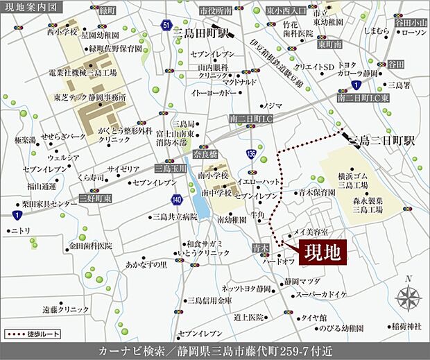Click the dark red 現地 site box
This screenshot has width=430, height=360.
(322, 252)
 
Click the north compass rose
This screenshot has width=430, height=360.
(408, 297)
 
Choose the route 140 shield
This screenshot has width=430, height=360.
(177, 200)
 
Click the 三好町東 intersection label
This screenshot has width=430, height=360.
(93, 197)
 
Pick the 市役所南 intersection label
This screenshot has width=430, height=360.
(214, 11)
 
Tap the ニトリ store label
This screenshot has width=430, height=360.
(21, 231)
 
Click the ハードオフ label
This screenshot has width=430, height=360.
(280, 262)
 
